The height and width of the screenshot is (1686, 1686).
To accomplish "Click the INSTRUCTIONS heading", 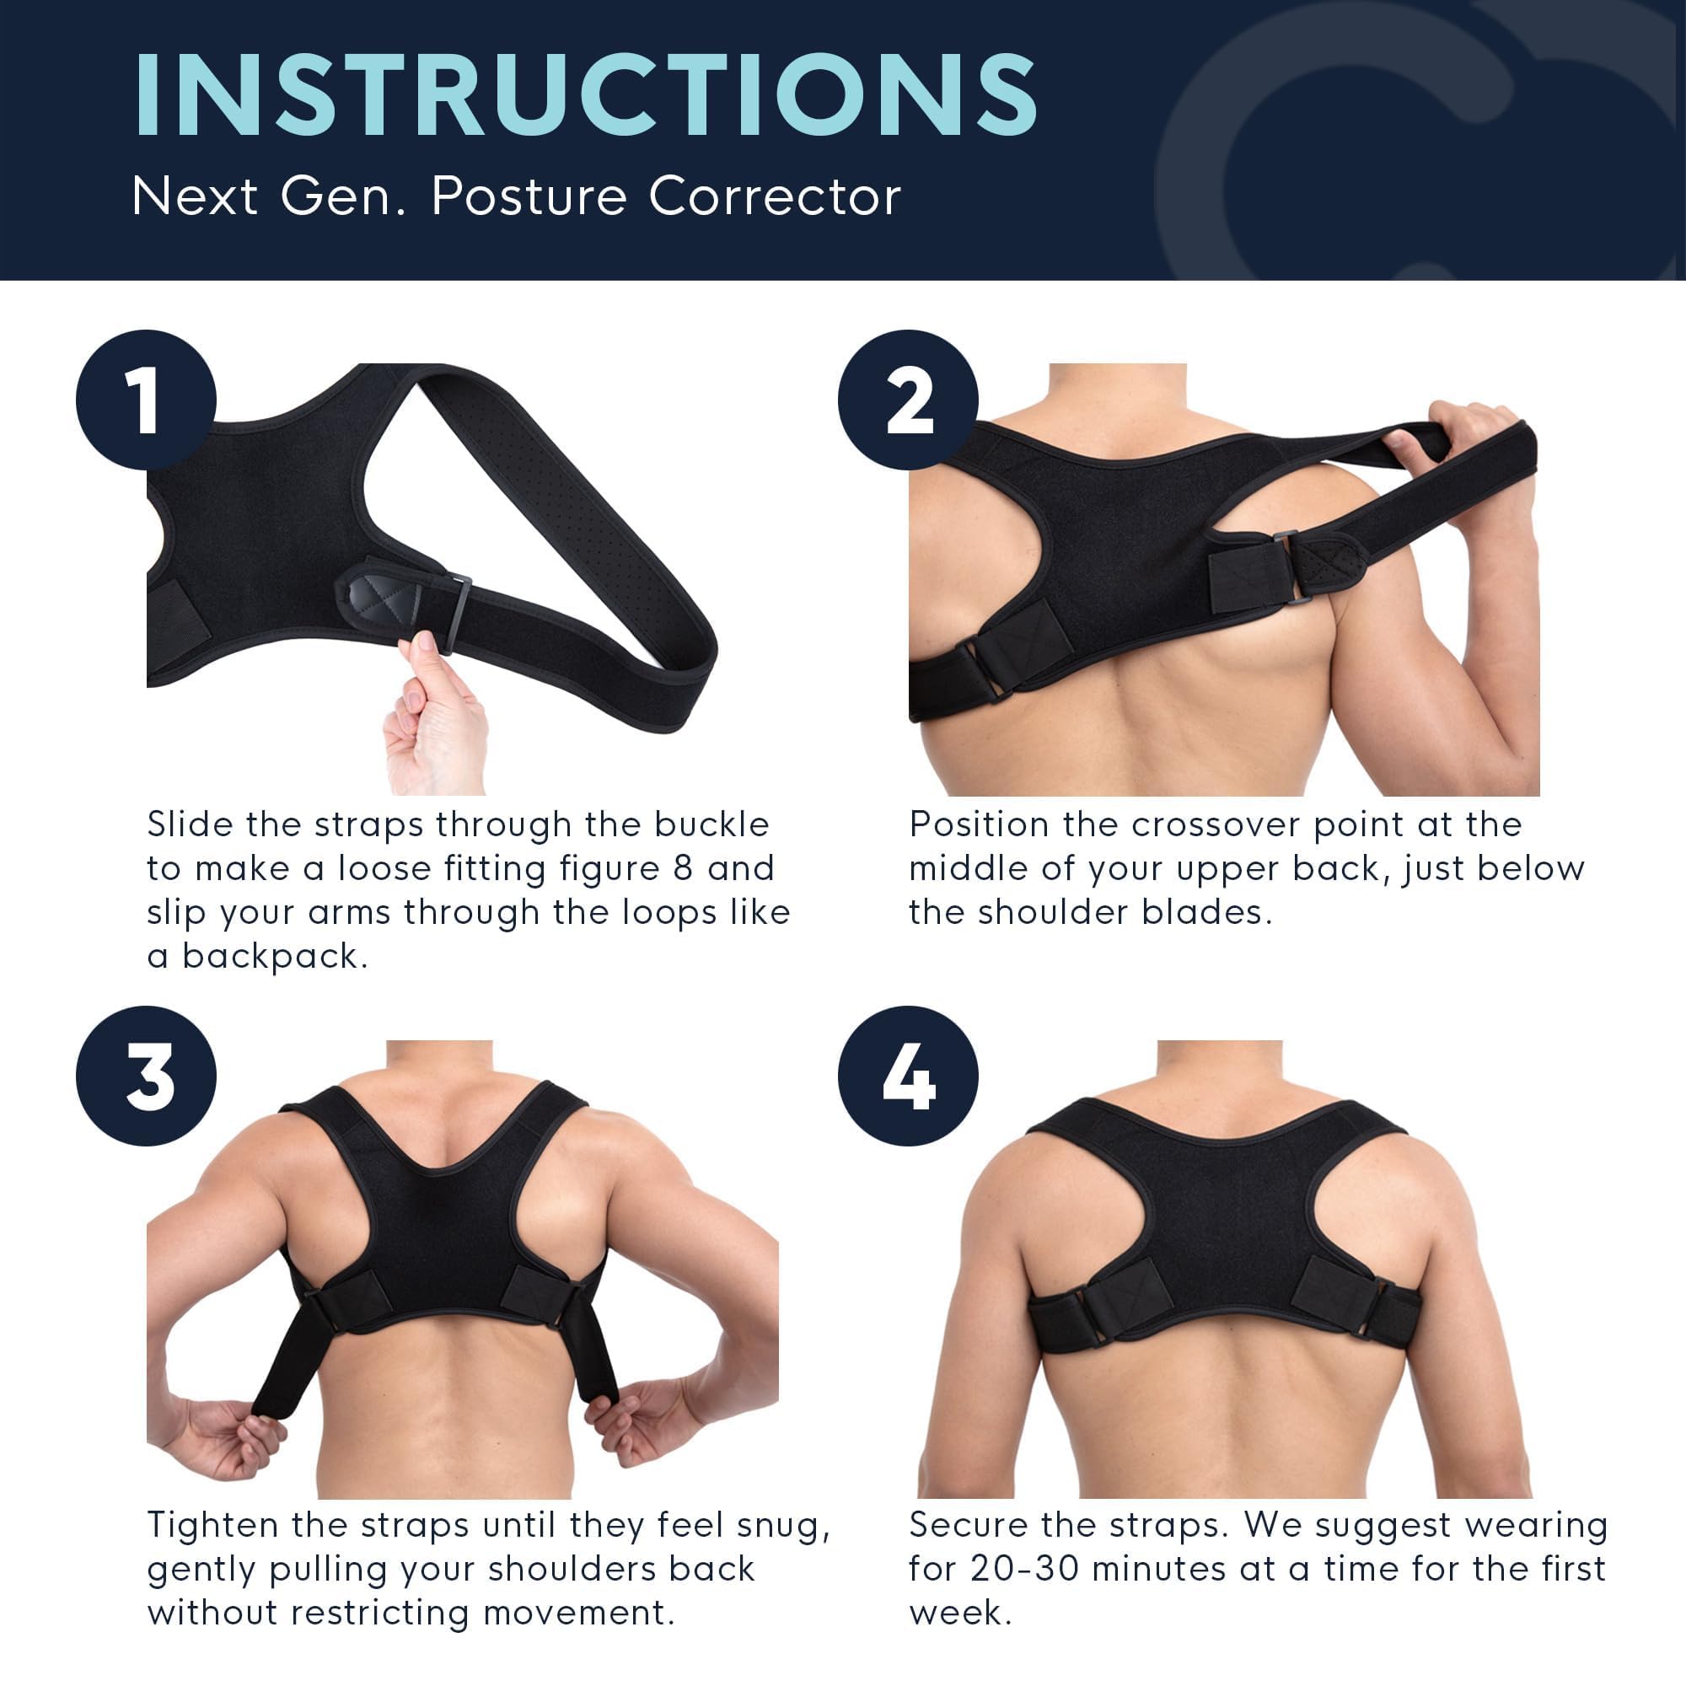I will [x=586, y=95].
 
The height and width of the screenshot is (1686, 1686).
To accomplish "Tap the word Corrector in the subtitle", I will [x=774, y=197].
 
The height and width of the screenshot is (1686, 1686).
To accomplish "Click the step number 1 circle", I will [x=146, y=400].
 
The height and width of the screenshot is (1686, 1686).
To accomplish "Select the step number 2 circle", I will [x=908, y=400].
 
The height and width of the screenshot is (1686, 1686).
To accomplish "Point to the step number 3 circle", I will [x=146, y=1076].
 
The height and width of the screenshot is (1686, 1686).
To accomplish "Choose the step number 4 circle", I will [x=908, y=1076].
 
